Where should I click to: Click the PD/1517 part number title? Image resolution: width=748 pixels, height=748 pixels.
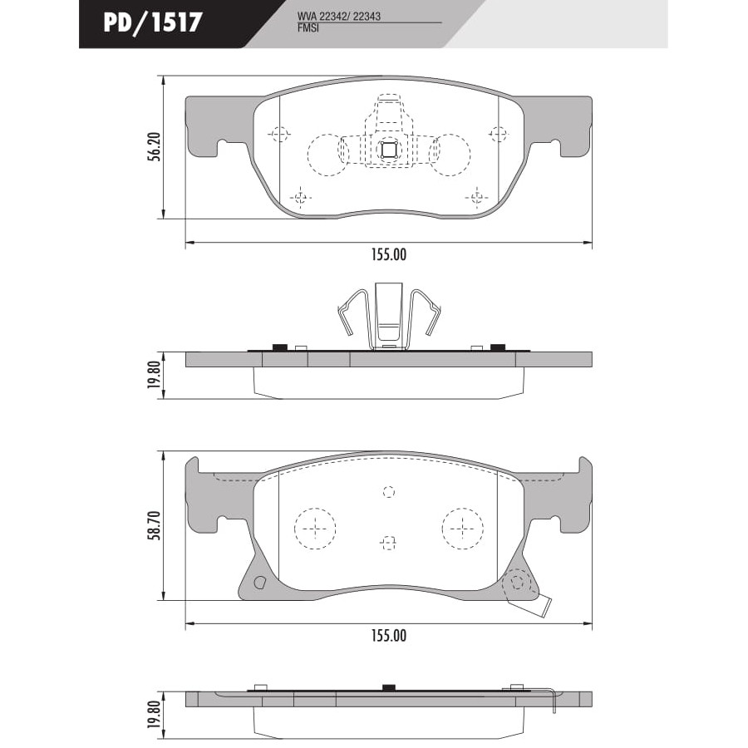[153, 22]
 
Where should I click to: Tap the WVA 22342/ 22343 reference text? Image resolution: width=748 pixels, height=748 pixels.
[339, 17]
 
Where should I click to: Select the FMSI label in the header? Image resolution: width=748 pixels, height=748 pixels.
[308, 27]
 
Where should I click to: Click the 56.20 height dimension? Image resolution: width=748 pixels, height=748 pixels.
[154, 146]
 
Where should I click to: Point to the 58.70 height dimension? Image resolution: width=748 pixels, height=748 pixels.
[154, 526]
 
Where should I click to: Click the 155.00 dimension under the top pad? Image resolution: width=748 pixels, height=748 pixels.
[389, 255]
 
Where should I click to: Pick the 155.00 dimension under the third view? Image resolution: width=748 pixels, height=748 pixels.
[389, 636]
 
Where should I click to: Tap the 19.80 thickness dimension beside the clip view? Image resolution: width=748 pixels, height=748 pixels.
[154, 375]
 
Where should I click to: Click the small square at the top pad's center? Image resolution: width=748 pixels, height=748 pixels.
[389, 150]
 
